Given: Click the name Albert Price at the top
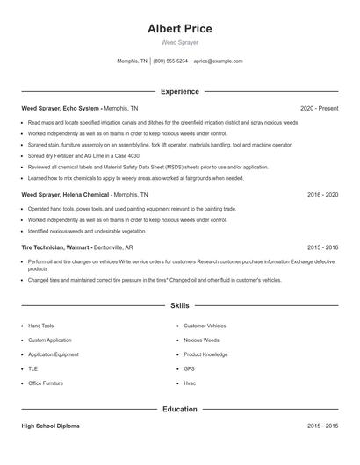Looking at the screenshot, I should pos(180,29).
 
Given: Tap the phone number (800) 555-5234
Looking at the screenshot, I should pos(170,61).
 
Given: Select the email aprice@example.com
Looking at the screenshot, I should pos(219,61).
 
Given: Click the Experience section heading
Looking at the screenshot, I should pos(180,91).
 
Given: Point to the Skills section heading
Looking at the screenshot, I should pos(180,306).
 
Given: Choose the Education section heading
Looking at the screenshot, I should pos(180,409).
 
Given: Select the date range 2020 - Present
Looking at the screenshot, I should pos(319,108).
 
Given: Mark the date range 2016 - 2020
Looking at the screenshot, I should pos(322,194).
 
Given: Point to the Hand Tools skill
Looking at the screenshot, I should pos(40,325).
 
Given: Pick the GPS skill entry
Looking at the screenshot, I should pos(189,368).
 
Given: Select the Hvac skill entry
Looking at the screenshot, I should pos(190,383).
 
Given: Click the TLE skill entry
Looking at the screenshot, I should pos(33,368).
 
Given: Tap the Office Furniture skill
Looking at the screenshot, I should pos(46,383).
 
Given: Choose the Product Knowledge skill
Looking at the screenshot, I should pos(205,354).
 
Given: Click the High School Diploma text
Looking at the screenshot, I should pos(51,426).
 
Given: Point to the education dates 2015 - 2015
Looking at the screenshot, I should pos(322,426).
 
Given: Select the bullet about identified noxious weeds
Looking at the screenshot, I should pos(86,231).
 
